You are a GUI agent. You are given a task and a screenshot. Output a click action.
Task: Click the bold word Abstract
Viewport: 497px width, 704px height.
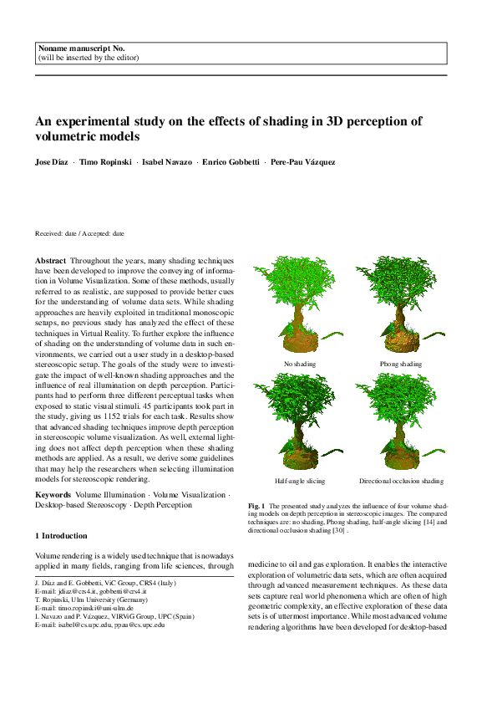(x=50, y=262)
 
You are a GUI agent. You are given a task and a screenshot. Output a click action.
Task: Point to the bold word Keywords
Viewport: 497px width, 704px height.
(x=53, y=495)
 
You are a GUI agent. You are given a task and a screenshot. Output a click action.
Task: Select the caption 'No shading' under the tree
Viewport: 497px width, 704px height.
(x=300, y=364)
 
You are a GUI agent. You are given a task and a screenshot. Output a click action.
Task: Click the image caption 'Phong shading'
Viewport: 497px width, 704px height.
(x=401, y=364)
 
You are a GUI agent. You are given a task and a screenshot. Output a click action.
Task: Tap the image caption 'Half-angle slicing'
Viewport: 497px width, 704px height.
(x=300, y=482)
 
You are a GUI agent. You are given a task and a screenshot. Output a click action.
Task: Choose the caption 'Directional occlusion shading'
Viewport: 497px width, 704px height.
(x=401, y=482)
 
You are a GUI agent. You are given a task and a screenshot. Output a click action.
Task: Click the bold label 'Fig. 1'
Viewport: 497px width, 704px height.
(x=257, y=507)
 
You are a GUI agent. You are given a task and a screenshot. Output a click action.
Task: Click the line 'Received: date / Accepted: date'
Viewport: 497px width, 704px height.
(x=80, y=234)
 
